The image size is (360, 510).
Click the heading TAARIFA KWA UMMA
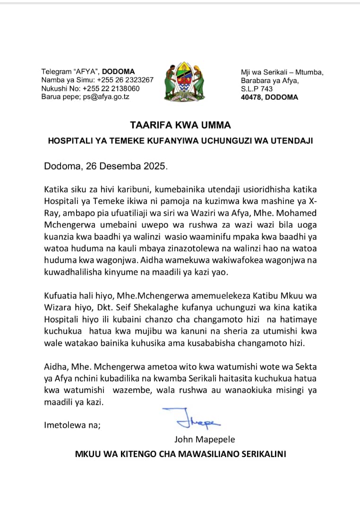pyautogui.click(x=180, y=126)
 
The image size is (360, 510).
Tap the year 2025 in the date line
pyautogui.click(x=152, y=166)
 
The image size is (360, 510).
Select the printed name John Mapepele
pyautogui.click(x=205, y=439)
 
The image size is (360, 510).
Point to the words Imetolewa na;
pyautogui.click(x=72, y=425)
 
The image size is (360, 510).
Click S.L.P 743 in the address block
pyautogui.click(x=257, y=89)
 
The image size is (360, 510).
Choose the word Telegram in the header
pyautogui.click(x=56, y=72)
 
